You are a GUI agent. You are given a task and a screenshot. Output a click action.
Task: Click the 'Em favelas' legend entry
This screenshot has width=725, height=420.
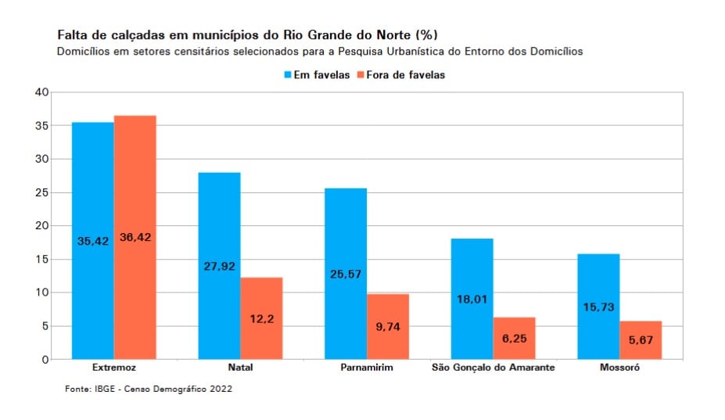pyautogui.click(x=316, y=75)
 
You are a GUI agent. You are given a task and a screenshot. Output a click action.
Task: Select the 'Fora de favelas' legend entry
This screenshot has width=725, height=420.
pyautogui.click(x=400, y=75)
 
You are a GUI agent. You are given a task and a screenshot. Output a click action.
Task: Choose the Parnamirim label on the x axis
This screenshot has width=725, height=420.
pyautogui.click(x=367, y=368)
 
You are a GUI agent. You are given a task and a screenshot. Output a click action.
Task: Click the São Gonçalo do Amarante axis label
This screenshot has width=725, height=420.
pyautogui.click(x=494, y=368)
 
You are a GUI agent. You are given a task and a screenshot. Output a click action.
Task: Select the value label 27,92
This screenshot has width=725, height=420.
pyautogui.click(x=219, y=267)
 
